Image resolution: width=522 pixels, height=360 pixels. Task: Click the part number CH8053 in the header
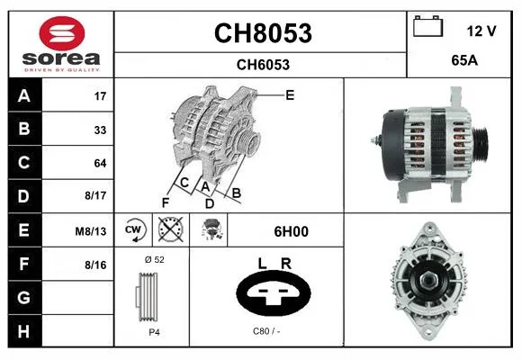tap(263, 33)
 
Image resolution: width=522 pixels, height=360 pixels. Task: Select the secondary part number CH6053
tap(263, 65)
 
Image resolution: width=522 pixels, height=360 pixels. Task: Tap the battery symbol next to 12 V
tap(427, 26)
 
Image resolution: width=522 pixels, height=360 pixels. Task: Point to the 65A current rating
tap(464, 60)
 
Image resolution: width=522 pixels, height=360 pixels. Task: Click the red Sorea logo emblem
tap(62, 33)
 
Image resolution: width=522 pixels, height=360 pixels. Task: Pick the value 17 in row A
tap(100, 96)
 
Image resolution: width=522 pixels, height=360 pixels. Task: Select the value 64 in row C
tap(100, 163)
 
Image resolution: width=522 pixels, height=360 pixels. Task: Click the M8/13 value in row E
tap(91, 231)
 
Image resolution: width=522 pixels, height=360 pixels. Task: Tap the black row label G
tap(24, 297)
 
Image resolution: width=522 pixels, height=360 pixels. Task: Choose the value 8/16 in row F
tap(95, 265)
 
